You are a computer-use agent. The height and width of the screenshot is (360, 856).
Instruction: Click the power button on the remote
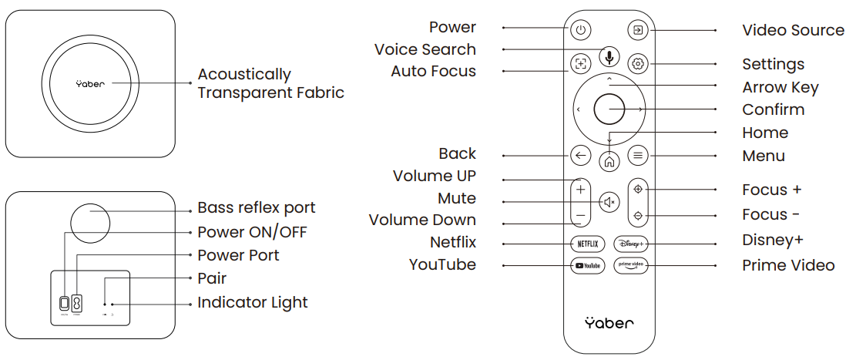581,31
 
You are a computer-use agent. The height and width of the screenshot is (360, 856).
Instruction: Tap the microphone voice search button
609,56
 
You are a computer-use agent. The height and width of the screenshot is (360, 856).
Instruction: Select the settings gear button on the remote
637,64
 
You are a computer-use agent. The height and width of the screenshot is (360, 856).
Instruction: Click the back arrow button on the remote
581,155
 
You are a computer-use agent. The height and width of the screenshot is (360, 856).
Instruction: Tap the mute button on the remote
609,203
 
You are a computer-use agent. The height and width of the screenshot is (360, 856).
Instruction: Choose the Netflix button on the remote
587,244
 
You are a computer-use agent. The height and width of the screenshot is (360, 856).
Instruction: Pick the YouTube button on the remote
587,266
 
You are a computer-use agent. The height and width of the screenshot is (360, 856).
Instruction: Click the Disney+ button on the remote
632,244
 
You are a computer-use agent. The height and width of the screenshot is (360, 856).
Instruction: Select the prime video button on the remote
632,266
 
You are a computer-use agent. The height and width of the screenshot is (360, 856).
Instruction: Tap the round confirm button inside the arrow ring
609,109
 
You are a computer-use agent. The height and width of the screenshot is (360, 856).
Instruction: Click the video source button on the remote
637,31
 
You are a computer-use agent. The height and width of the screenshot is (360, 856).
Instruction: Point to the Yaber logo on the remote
609,322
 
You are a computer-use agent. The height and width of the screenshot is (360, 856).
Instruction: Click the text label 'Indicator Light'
252,303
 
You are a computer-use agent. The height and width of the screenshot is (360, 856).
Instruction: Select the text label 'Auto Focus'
433,72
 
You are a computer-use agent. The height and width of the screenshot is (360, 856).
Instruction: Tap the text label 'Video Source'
793,30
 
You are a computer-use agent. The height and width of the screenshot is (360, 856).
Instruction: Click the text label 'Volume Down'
422,220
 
